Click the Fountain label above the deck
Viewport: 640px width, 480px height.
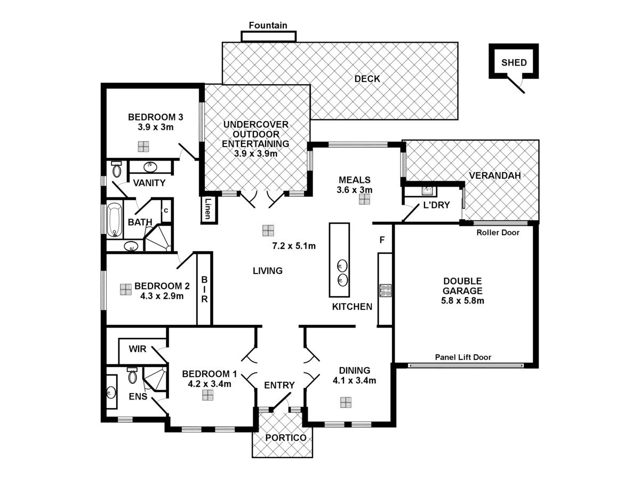(x=268, y=25)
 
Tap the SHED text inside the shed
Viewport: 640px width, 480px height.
(x=514, y=63)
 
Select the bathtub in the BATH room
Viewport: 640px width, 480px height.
(x=114, y=220)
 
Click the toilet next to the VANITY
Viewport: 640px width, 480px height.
(x=117, y=170)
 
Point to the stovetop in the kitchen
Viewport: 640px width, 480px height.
(x=385, y=291)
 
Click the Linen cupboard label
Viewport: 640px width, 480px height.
(x=207, y=209)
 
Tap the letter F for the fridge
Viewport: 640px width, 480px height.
(x=382, y=240)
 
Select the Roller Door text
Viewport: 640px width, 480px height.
(x=498, y=233)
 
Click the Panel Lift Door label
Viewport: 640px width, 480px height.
(x=463, y=357)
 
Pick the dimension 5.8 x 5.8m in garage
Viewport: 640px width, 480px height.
(x=463, y=301)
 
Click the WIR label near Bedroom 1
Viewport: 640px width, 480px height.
(x=137, y=349)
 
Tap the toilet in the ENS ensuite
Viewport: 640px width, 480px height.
(x=132, y=376)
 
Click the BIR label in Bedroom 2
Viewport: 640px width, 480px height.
(x=204, y=289)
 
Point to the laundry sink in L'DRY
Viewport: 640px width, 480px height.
(x=427, y=190)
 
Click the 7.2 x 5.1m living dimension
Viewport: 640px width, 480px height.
(x=294, y=246)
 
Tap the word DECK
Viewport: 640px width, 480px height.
(x=367, y=79)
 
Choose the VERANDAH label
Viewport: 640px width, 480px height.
(x=495, y=176)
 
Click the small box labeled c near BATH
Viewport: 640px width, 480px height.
(x=166, y=210)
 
